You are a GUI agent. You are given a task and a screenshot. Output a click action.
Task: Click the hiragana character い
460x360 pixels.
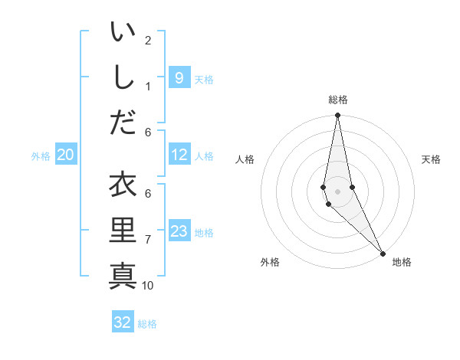tap(123, 33)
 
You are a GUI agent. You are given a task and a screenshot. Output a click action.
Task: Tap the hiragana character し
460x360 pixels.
tap(123, 77)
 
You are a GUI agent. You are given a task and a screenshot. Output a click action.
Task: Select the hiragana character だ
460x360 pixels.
tap(123, 121)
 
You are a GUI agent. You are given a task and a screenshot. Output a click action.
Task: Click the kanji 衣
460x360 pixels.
tap(123, 185)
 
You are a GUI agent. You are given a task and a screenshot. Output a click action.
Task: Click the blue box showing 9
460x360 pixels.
tap(179, 77)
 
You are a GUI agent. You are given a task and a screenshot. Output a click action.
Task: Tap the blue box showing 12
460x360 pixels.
tap(179, 155)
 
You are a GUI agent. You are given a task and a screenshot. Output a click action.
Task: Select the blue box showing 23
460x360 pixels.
tap(179, 232)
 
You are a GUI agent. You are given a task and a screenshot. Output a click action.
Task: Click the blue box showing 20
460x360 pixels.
tap(65, 155)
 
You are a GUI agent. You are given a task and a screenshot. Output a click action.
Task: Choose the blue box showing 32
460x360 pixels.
tap(123, 322)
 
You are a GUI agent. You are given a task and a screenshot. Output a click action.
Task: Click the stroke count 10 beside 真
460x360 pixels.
tap(148, 285)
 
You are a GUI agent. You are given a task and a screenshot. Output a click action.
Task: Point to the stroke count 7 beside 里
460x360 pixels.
tap(148, 240)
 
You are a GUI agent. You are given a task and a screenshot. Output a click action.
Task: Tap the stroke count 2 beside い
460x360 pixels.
tap(148, 40)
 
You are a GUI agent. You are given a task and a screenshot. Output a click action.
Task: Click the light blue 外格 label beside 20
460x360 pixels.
tap(41, 156)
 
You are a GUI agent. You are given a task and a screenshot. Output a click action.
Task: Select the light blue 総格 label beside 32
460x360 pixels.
tap(147, 324)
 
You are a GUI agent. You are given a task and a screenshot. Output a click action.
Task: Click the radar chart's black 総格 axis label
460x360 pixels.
tap(338, 100)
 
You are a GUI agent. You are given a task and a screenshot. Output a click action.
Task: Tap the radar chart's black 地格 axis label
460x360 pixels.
tap(402, 262)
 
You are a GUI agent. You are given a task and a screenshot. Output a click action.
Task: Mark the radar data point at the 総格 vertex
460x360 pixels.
tap(337, 116)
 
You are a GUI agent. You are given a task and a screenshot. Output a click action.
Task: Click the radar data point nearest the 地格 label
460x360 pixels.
tap(383, 253)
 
